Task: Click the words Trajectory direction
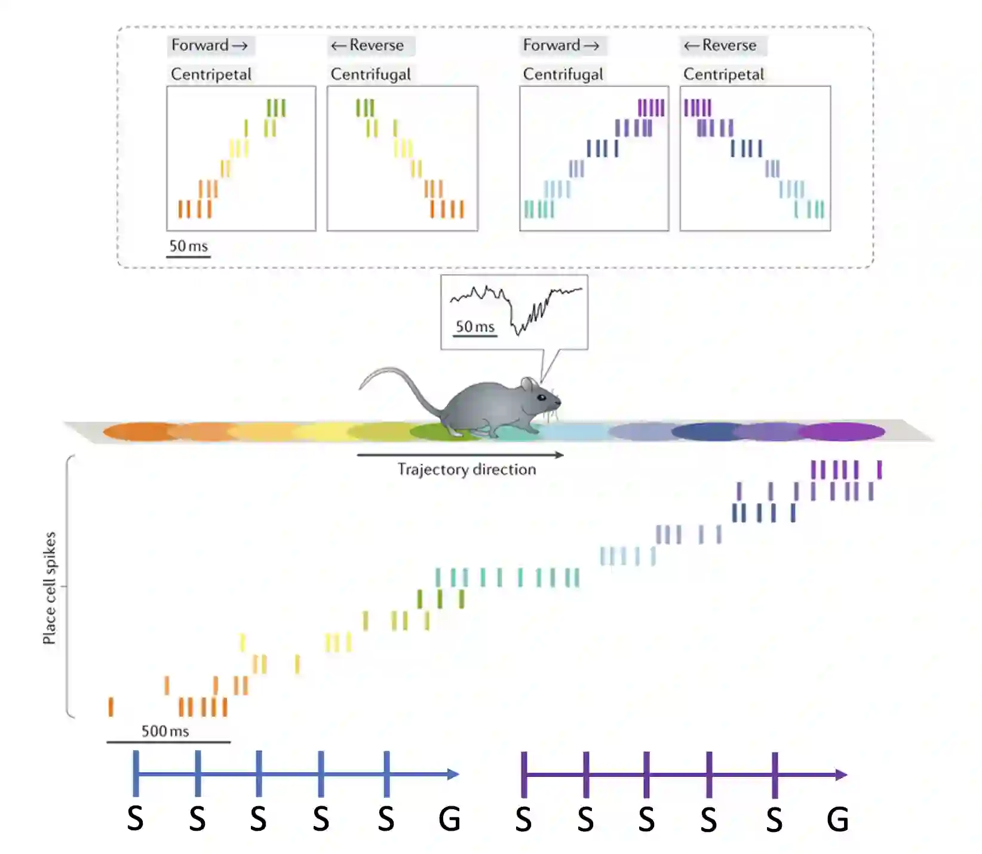(x=467, y=469)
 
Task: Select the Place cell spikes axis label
(x=50, y=588)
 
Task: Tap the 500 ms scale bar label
(x=165, y=731)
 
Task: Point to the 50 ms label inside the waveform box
(x=475, y=326)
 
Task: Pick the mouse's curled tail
(x=394, y=382)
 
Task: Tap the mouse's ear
(x=528, y=385)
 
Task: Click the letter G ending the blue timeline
(x=449, y=819)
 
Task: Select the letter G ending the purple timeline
(x=837, y=819)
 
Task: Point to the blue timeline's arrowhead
(x=453, y=775)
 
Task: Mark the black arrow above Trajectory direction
(x=460, y=455)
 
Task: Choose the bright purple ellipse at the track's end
(x=842, y=431)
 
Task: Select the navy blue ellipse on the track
(x=708, y=431)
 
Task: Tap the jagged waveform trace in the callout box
(x=520, y=308)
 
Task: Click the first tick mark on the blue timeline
(x=136, y=774)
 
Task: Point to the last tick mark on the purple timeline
(x=775, y=775)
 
